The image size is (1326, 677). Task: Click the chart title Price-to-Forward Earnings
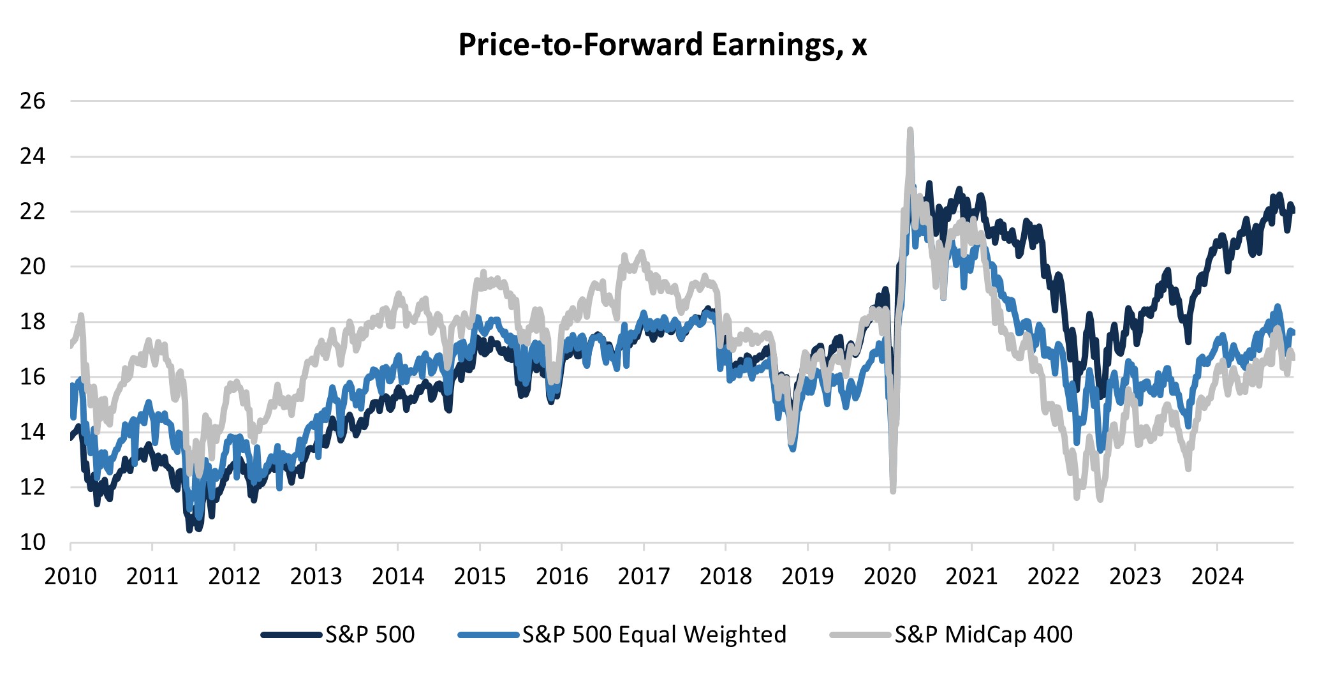click(x=662, y=45)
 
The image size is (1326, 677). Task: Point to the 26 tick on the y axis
click(x=33, y=101)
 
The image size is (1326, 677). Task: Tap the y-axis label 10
click(x=33, y=542)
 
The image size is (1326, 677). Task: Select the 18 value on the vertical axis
click(x=33, y=322)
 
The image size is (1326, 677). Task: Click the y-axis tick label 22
click(x=33, y=211)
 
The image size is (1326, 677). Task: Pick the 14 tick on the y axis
click(x=33, y=432)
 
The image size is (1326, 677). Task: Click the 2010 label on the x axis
click(x=70, y=576)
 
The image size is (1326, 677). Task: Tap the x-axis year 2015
click(x=480, y=576)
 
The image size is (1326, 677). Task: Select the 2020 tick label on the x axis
click(x=890, y=576)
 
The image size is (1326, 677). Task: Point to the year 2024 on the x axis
click(x=1217, y=576)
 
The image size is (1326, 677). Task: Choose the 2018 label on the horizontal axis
click(x=726, y=576)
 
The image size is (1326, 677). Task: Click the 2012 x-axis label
click(x=234, y=576)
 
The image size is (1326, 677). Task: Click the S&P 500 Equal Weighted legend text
click(x=654, y=634)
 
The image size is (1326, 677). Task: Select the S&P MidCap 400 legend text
click(x=983, y=634)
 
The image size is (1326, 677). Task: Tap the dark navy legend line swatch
click(x=291, y=635)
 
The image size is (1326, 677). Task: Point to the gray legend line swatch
click(x=860, y=635)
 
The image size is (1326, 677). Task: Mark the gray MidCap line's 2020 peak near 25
click(x=910, y=130)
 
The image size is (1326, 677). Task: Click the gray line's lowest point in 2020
click(x=893, y=490)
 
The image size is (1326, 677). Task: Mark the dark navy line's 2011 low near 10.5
click(x=189, y=528)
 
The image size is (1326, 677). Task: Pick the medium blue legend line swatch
click(x=488, y=635)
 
